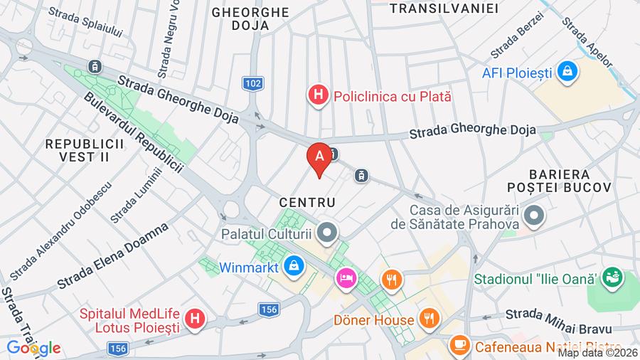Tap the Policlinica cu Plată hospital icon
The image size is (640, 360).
[x=318, y=94]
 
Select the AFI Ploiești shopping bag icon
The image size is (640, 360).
[x=567, y=71]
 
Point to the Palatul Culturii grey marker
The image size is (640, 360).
[x=327, y=232]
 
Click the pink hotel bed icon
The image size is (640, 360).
[x=346, y=276]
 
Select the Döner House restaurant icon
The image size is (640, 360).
[x=427, y=318]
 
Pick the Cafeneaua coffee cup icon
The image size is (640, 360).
[x=459, y=346]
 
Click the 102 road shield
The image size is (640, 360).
[x=252, y=84]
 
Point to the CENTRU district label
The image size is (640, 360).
[x=307, y=203]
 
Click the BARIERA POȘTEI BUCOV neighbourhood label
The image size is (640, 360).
[x=569, y=181]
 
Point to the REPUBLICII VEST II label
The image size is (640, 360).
[x=85, y=150]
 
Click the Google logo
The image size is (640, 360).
[x=33, y=348]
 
